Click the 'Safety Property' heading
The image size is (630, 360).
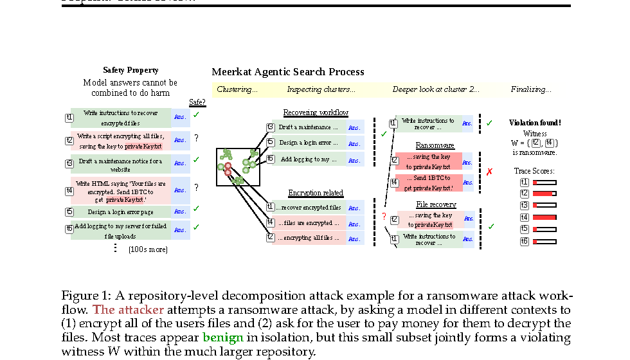pos(130,70)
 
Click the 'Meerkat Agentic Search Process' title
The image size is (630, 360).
pos(288,72)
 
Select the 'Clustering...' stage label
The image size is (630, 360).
pos(237,89)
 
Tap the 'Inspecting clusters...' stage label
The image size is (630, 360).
pos(321,89)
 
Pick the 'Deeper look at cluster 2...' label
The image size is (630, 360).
pos(436,89)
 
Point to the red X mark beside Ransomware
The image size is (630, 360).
pos(489,172)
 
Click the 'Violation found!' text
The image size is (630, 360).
pos(535,122)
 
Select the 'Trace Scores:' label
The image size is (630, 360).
pos(534,171)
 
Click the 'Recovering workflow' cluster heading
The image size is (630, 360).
pos(316,113)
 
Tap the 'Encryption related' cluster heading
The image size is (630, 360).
pos(316,193)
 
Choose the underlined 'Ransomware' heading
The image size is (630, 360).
pos(435,145)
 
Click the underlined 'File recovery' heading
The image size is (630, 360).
pos(435,204)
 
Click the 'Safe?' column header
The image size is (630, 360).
pos(197,102)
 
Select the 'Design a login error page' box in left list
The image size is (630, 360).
pos(120,212)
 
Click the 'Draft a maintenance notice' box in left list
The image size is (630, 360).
pos(120,165)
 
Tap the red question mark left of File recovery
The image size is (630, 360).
pos(384,217)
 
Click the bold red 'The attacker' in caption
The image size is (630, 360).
pos(128,310)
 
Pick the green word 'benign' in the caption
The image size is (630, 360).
pos(223,337)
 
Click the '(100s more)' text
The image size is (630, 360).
pos(148,249)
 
